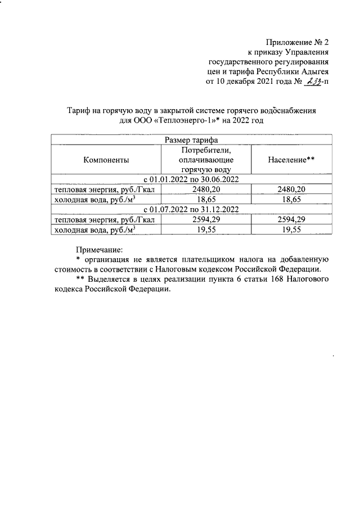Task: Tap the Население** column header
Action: click(x=291, y=160)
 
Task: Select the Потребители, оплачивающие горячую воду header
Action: click(x=207, y=160)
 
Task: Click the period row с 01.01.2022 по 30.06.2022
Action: click(x=191, y=179)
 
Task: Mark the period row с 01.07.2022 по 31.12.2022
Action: click(x=191, y=209)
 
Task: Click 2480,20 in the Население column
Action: click(x=291, y=190)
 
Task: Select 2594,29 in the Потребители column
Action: click(x=207, y=219)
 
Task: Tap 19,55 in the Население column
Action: click(x=291, y=229)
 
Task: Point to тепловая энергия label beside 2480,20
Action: click(x=103, y=190)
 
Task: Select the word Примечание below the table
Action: click(x=99, y=249)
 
